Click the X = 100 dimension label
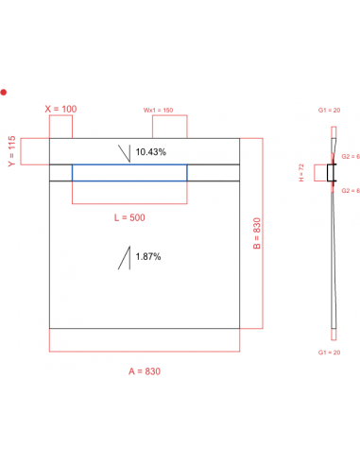(62, 109)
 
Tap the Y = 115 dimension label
(13, 150)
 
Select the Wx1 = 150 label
(159, 111)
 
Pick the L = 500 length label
(129, 217)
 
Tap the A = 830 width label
(145, 370)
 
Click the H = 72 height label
(299, 173)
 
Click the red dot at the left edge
(4, 92)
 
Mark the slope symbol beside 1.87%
(124, 257)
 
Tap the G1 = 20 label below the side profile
(331, 351)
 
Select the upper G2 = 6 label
(351, 156)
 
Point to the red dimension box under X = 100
(62, 127)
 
